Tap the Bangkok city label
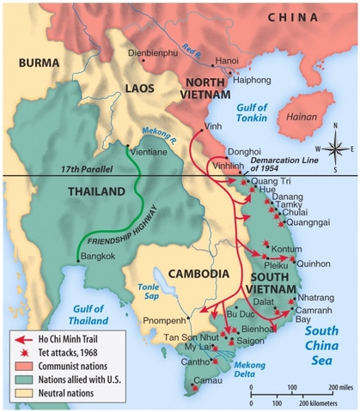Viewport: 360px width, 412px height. (97, 256)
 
